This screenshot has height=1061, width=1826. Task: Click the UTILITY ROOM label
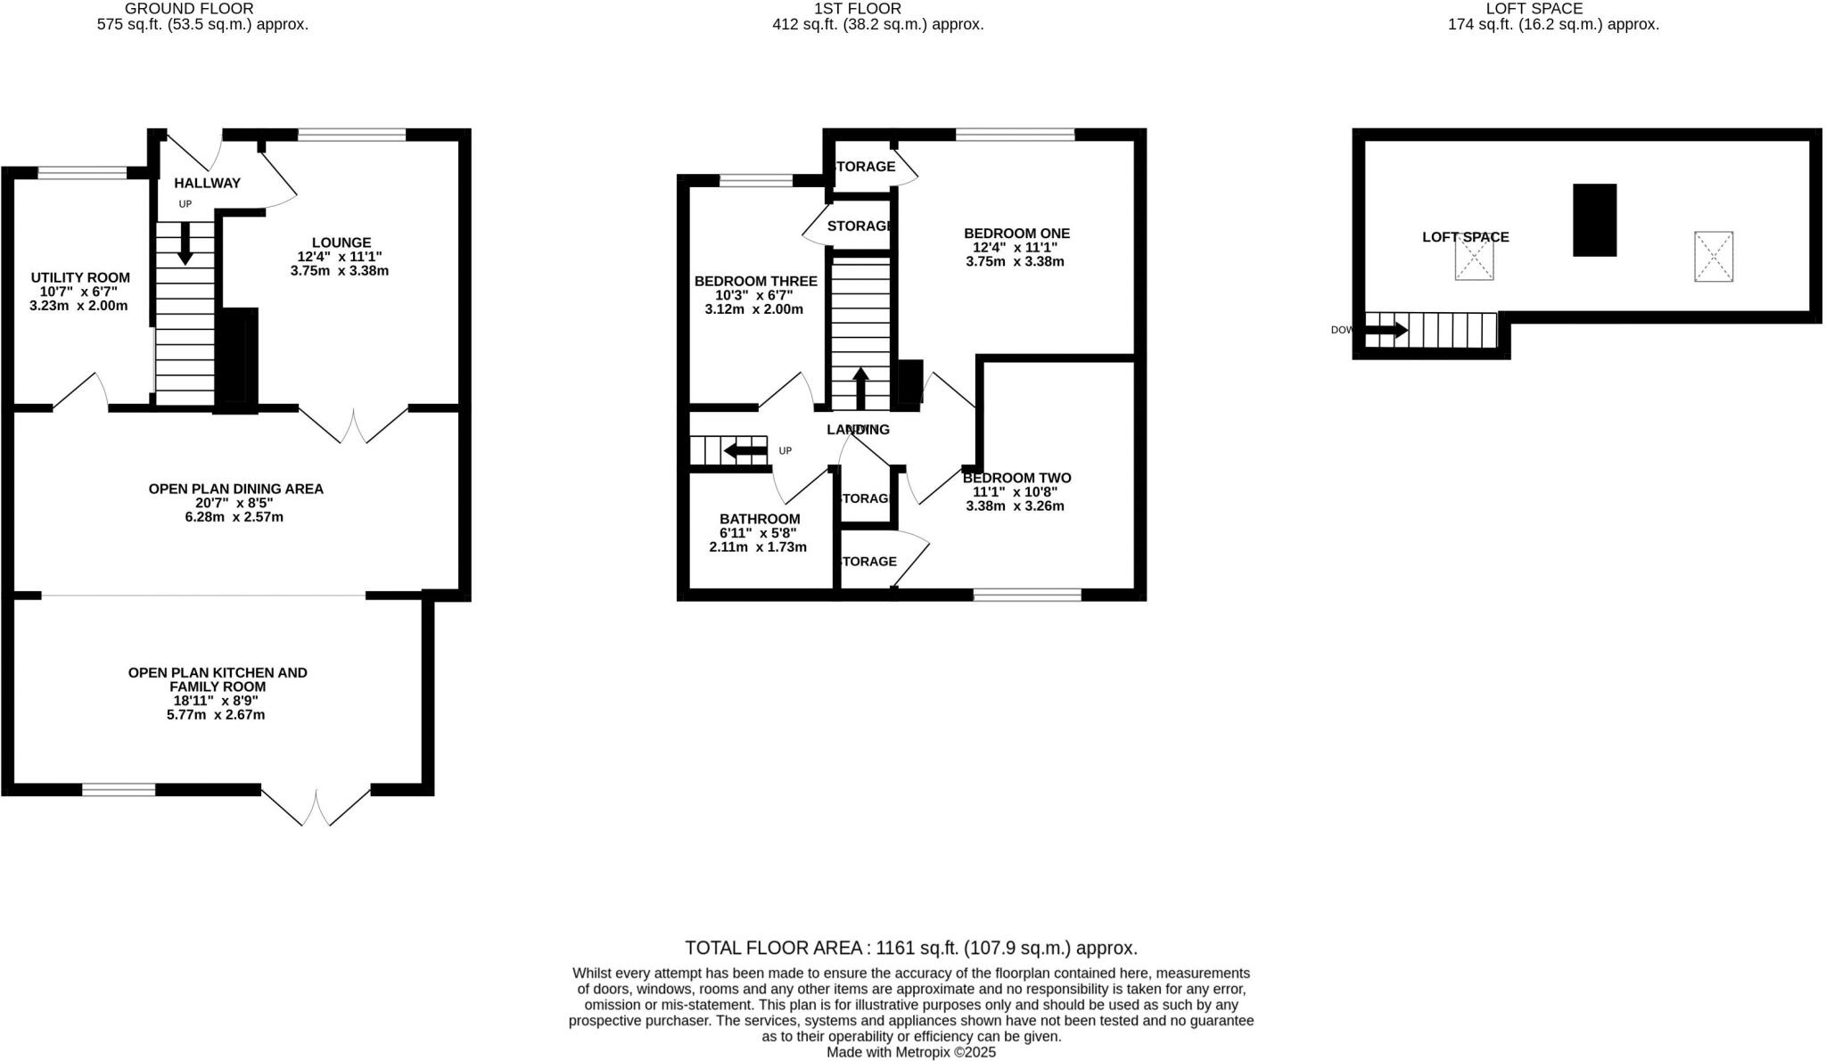click(80, 278)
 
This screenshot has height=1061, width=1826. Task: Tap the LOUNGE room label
click(341, 243)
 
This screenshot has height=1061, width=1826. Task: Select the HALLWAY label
click(207, 184)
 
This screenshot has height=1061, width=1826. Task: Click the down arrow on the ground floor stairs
click(185, 243)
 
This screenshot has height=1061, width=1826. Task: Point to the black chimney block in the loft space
click(1594, 220)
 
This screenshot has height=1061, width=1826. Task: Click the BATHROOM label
click(760, 519)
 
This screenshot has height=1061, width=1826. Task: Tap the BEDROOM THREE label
click(755, 282)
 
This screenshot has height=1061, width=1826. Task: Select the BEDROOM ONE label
click(1016, 234)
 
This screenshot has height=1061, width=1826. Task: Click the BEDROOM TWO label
click(1016, 478)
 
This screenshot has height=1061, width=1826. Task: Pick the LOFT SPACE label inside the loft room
click(1465, 237)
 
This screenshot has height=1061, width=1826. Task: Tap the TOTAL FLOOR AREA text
click(910, 948)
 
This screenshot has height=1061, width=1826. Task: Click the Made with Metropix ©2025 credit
click(910, 1052)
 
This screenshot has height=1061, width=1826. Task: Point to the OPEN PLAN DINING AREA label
click(235, 489)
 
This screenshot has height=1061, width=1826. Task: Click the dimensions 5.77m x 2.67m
click(216, 715)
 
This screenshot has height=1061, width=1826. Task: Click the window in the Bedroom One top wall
click(1015, 135)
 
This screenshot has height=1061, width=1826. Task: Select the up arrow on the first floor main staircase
click(860, 388)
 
